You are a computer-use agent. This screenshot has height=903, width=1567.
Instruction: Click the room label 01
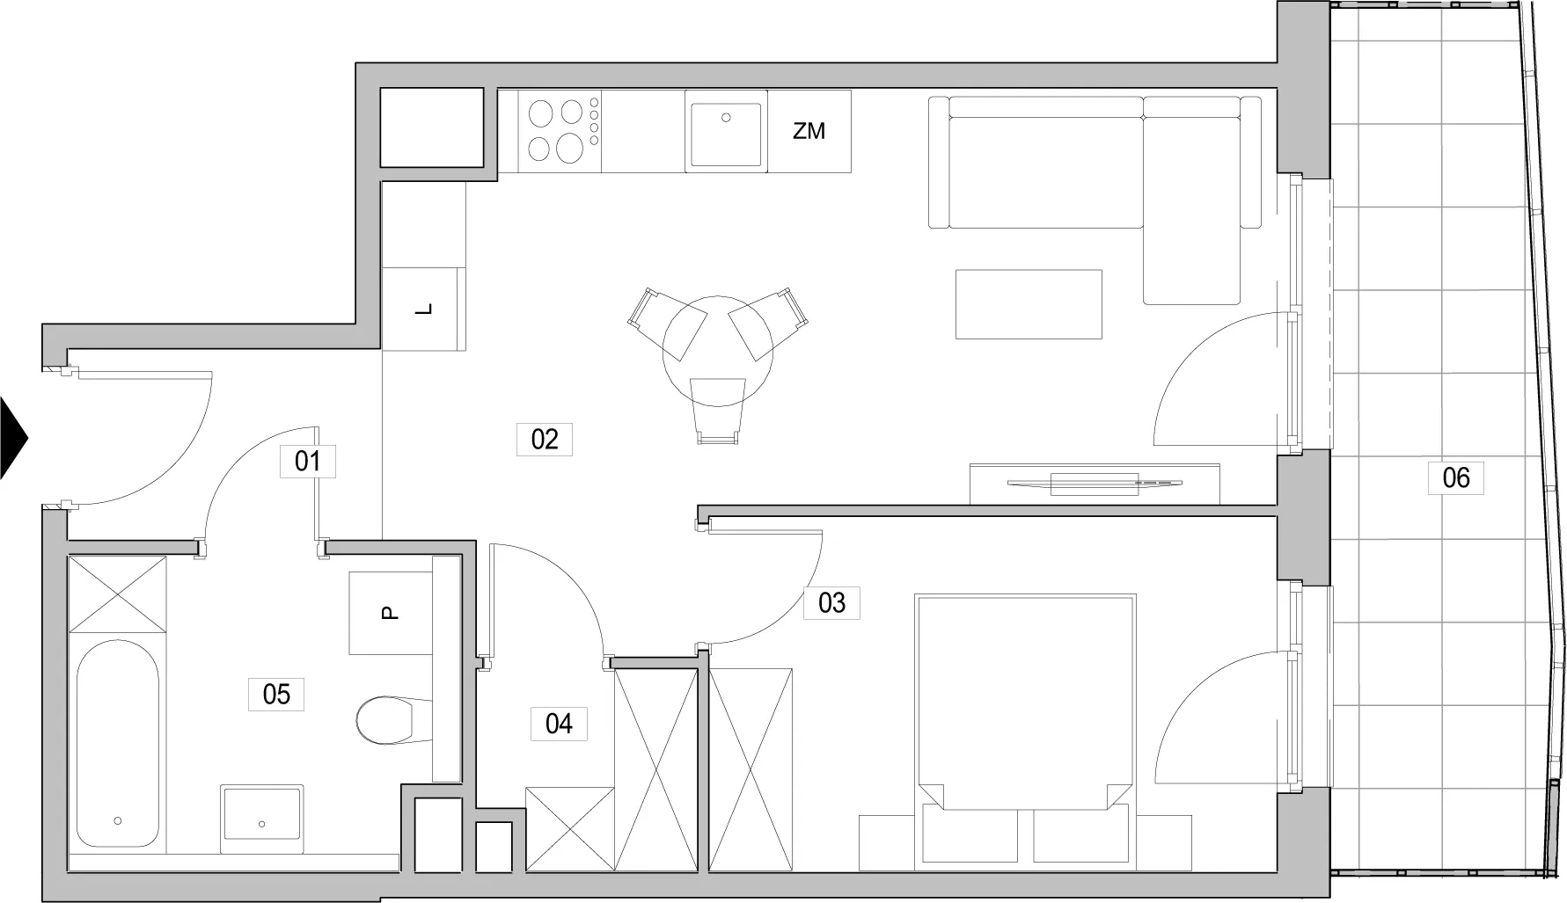coord(308,461)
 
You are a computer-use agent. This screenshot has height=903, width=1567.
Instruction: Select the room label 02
coord(545,439)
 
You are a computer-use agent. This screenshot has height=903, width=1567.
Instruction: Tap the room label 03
coord(831,602)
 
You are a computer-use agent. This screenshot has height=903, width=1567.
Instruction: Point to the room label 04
coord(559,724)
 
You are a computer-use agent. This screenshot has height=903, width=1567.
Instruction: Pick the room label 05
coord(276,694)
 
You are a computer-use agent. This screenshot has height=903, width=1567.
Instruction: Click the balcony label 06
coord(1456,477)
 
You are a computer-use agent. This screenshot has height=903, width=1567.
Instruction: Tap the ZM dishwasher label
coord(809,131)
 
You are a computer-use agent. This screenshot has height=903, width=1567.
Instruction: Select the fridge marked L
coord(424,309)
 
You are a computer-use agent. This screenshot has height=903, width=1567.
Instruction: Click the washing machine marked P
coord(391,613)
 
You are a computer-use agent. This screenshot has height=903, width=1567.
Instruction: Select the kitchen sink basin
coord(726,134)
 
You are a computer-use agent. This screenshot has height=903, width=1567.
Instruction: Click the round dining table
coord(718,351)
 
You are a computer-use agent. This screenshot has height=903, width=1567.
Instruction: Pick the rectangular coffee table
coord(1029,304)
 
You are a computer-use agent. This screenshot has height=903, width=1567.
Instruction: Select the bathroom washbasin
coord(261,812)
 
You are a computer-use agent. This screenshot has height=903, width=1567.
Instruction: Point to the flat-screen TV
coord(1095,482)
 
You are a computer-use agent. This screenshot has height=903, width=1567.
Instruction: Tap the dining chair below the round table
coord(718,409)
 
